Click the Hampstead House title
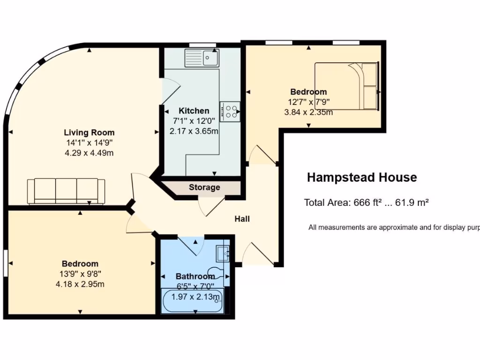361,178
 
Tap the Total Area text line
367,203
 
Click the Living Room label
89,133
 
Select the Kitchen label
194,111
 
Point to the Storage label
204,187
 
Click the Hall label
242,219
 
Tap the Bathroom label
195,277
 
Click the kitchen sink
202,58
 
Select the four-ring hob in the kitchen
230,112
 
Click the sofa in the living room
66,191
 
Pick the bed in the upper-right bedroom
346,86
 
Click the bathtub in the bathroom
193,301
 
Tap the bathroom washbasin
223,254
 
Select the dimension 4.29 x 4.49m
89,153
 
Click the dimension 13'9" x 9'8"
80,274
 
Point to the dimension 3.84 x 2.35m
308,112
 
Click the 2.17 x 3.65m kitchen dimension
194,131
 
